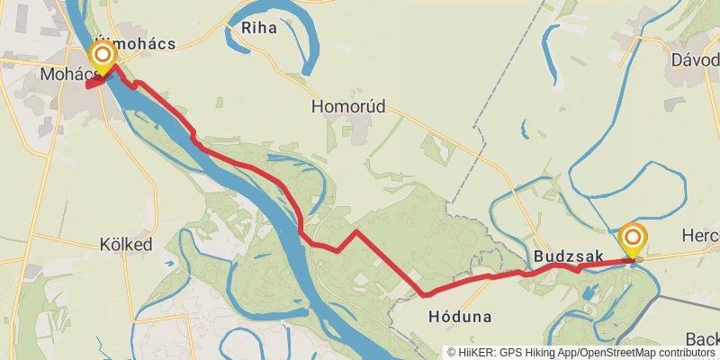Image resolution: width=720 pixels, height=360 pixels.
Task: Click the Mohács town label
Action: tap(62, 73)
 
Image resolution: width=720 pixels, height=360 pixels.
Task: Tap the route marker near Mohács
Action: tap(103, 58)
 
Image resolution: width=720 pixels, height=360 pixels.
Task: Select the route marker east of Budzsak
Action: tap(633, 238)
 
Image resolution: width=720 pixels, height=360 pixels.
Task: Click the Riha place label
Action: tap(258, 27)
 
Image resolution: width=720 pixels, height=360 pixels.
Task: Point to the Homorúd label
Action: tap(348, 106)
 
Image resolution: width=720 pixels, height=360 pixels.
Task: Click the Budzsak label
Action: tap(568, 256)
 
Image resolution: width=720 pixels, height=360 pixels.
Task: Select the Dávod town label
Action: tap(694, 59)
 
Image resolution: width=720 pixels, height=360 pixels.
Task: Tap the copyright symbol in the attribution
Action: tap(452, 353)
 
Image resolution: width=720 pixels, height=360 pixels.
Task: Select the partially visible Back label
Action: tap(702, 339)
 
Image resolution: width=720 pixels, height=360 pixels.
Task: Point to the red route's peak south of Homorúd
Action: tap(356, 232)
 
